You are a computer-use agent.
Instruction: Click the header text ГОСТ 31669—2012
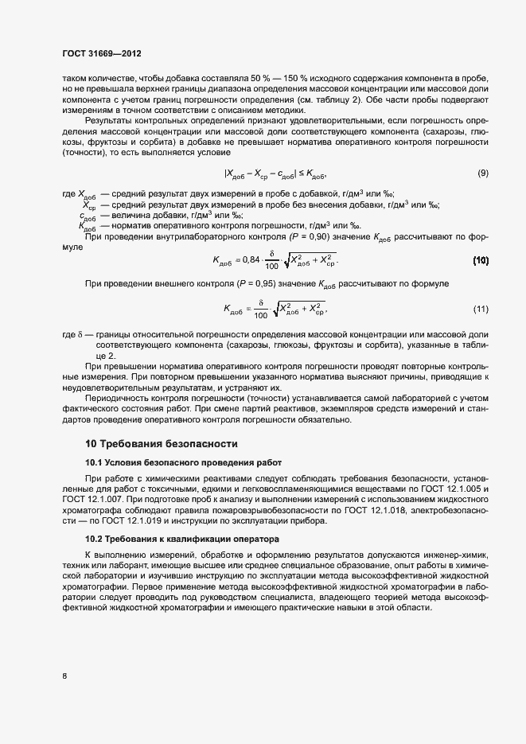point(102,54)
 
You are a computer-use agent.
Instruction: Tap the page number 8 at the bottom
point(64,676)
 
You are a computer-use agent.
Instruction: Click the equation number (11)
point(481,308)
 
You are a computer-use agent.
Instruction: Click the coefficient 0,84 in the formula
point(251,259)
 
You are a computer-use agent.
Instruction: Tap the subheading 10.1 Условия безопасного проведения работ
point(183,462)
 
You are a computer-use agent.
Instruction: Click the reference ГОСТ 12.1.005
point(457,487)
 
